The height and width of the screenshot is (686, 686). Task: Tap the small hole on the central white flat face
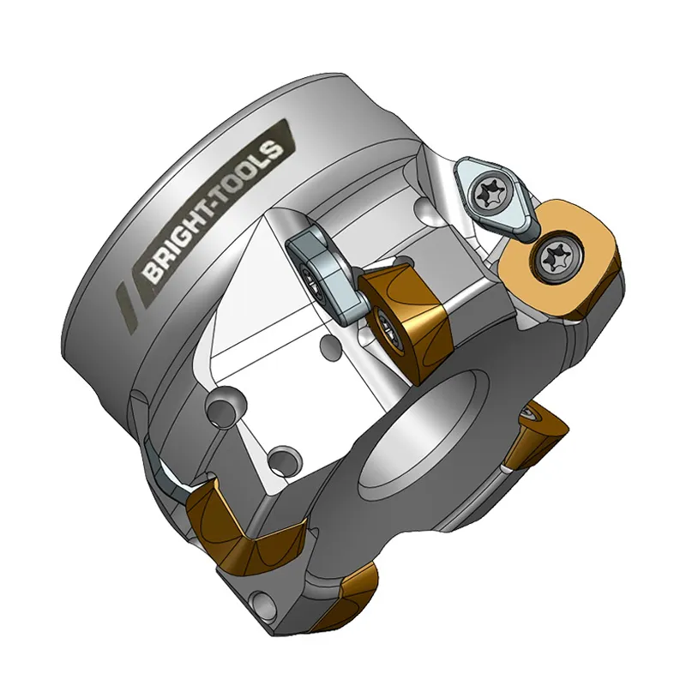point(326,347)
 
